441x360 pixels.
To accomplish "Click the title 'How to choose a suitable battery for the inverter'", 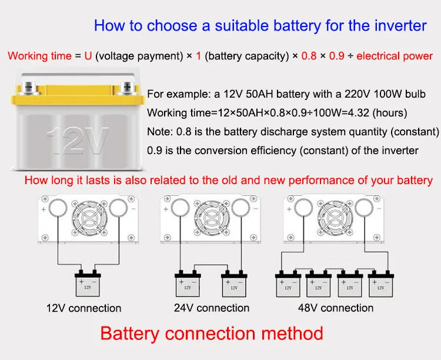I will point(260,26).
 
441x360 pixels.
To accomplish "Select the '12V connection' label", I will point(84,308).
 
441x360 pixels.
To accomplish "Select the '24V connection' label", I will point(212,308).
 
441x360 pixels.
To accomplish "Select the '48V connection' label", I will point(335,308).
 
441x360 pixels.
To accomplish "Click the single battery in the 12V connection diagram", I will point(88,285).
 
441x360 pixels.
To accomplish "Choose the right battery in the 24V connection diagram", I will point(233,285).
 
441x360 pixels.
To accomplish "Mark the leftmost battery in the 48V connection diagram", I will point(288,285).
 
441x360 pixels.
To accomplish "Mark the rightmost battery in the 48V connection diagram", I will point(380,285).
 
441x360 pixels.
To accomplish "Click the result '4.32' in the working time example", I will point(358,112).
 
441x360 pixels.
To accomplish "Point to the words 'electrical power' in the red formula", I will point(395,56).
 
